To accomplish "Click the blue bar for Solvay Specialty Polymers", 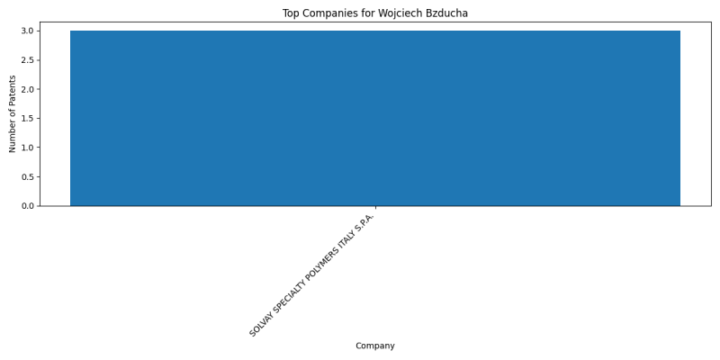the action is pyautogui.click(x=375, y=118).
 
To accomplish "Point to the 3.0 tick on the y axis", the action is pyautogui.click(x=28, y=31).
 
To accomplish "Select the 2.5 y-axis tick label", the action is pyautogui.click(x=28, y=60).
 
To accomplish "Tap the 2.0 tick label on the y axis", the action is pyautogui.click(x=28, y=89).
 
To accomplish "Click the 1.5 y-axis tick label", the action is pyautogui.click(x=28, y=119).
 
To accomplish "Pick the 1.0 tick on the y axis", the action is pyautogui.click(x=28, y=148).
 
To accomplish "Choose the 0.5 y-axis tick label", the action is pyautogui.click(x=28, y=176).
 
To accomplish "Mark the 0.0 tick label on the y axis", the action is pyautogui.click(x=28, y=206).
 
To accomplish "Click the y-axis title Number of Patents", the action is pyautogui.click(x=13, y=114).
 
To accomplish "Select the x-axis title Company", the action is pyautogui.click(x=375, y=346).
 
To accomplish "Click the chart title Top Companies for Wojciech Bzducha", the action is pyautogui.click(x=375, y=13).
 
